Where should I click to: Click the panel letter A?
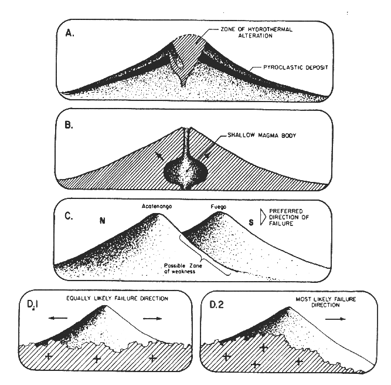pos(70,33)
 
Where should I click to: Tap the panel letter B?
pos(69,125)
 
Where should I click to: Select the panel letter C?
pos(69,216)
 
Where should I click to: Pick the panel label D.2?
pos(216,305)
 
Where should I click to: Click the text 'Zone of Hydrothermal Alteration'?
pos(257,32)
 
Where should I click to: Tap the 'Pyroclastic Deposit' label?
pos(296,67)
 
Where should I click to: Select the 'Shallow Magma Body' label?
pos(262,136)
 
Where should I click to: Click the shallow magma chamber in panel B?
pos(185,173)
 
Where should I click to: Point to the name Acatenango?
pos(157,206)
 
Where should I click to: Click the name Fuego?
pos(219,207)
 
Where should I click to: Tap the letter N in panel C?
pos(102,221)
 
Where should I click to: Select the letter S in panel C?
pos(251,222)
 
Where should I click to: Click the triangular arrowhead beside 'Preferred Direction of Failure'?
pos(263,217)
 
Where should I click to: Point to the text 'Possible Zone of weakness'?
pos(183,268)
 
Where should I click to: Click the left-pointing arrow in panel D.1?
pos(58,318)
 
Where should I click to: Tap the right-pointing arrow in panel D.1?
pos(152,318)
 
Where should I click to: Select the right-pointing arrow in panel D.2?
pos(336,319)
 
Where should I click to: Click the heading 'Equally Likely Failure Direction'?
pos(117,298)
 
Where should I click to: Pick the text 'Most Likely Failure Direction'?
pos(326,302)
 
